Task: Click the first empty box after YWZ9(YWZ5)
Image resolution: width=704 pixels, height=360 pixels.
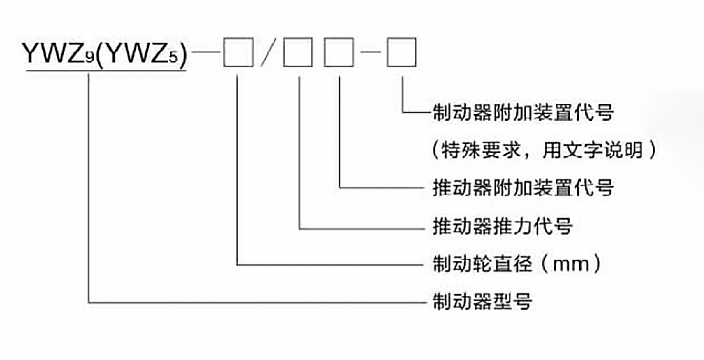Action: pyautogui.click(x=237, y=53)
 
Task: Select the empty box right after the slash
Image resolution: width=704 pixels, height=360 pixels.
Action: pyautogui.click(x=298, y=53)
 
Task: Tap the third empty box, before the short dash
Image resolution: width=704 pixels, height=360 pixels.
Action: pyautogui.click(x=338, y=53)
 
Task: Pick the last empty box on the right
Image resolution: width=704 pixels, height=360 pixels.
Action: pyautogui.click(x=401, y=53)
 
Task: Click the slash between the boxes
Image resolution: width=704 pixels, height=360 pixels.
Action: pyautogui.click(x=268, y=53)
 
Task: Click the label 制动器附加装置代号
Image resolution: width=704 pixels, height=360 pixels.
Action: pyautogui.click(x=523, y=112)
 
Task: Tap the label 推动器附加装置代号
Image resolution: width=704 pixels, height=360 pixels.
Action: pyautogui.click(x=523, y=187)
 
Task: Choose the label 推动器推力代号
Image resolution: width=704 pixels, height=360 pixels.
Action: pyautogui.click(x=502, y=225)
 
